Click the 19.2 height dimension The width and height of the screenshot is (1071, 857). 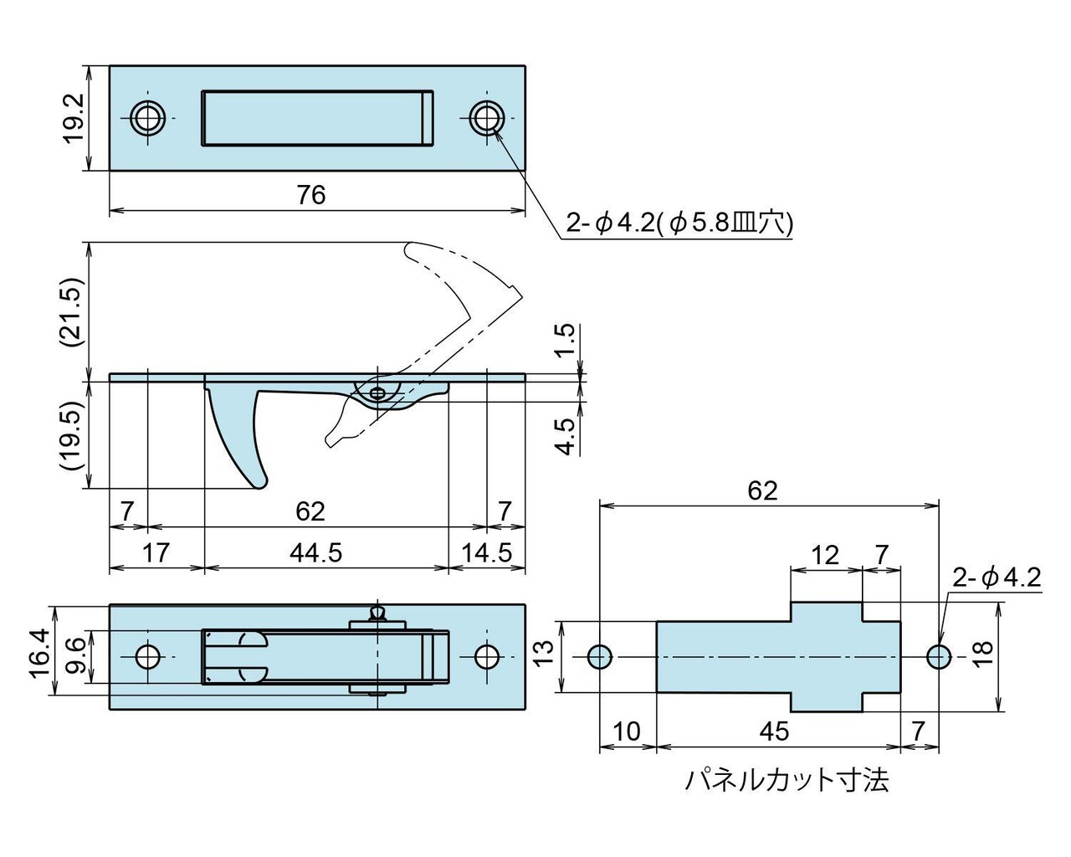(x=74, y=118)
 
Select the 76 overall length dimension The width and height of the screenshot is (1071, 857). (x=310, y=195)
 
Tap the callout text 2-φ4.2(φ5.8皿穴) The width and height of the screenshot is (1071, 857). (x=679, y=223)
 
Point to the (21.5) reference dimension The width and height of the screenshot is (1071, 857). (x=74, y=311)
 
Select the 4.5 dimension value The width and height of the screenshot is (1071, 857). (x=567, y=436)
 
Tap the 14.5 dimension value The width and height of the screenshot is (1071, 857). (x=486, y=553)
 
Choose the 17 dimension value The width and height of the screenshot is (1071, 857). (x=156, y=553)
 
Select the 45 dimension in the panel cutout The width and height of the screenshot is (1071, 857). (x=775, y=731)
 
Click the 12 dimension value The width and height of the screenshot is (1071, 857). (x=824, y=555)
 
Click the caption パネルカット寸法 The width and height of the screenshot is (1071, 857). (x=787, y=781)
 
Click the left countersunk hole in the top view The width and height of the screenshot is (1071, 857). (x=149, y=117)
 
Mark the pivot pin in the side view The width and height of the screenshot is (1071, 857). (x=379, y=393)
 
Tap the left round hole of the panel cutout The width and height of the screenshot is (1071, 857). (x=599, y=657)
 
